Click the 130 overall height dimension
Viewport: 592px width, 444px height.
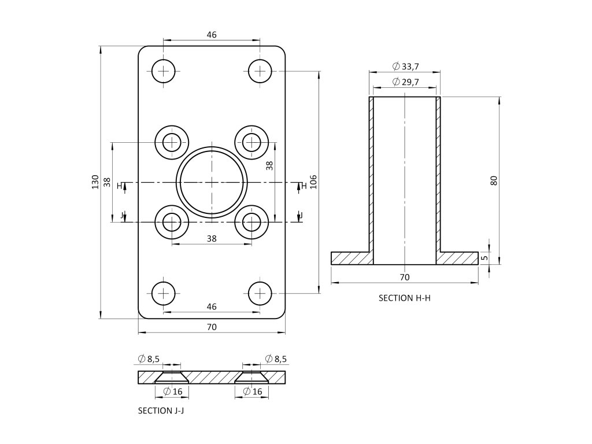pos(95,182)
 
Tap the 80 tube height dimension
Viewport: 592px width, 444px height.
pos(493,180)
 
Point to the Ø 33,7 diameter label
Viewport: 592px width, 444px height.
pos(405,66)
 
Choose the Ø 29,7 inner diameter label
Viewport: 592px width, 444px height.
pos(405,82)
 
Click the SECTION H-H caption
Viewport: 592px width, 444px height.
pos(405,298)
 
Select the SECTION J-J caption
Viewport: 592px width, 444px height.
pos(161,411)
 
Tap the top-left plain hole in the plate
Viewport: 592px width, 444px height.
pos(164,71)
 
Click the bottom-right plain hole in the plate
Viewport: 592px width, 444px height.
pos(260,294)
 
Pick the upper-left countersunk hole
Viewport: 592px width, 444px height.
pos(172,142)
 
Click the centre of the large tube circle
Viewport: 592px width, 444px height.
pos(212,182)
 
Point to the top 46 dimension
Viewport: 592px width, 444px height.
pos(212,35)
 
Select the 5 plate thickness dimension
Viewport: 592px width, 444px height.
pos(484,257)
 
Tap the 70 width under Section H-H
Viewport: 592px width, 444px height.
pos(405,277)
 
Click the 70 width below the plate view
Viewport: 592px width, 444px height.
pos(212,327)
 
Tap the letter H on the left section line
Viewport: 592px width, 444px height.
pos(119,186)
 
